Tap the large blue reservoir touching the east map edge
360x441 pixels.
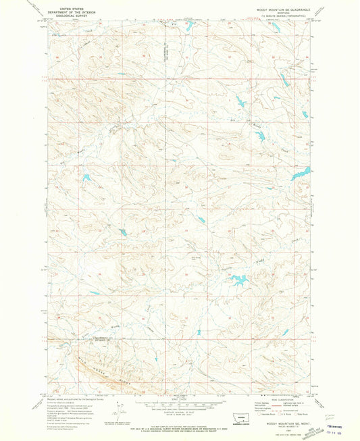click(x=297, y=174)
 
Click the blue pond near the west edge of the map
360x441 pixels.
click(x=87, y=179)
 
